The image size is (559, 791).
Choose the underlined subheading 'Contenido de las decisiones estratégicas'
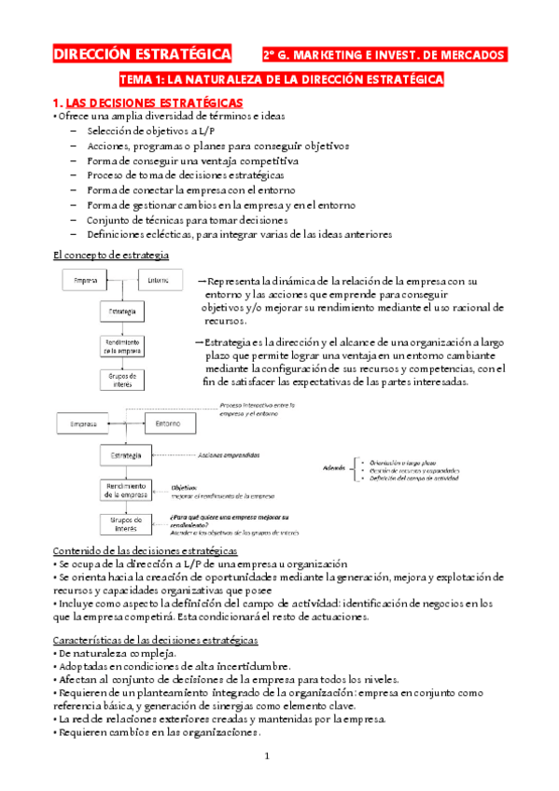(147, 551)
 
